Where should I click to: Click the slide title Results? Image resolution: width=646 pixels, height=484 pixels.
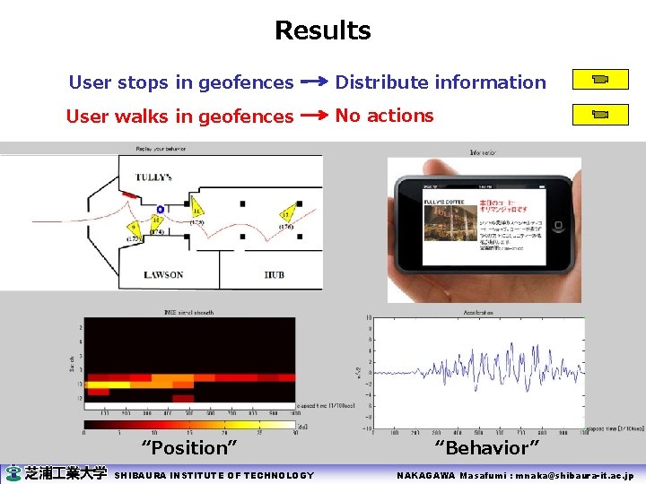click(x=322, y=30)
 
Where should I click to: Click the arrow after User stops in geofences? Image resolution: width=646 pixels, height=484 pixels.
click(x=314, y=82)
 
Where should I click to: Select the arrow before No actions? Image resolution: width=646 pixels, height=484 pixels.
click(x=314, y=116)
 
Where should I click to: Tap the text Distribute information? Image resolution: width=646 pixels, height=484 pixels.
click(x=441, y=82)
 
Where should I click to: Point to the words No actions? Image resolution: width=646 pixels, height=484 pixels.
click(x=384, y=116)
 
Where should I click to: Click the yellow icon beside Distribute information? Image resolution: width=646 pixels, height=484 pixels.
click(x=600, y=80)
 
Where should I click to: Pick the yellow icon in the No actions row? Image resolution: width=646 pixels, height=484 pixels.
click(x=600, y=114)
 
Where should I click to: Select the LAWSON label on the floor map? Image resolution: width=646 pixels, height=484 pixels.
click(x=163, y=274)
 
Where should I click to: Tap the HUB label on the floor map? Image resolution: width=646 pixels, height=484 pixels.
click(x=275, y=274)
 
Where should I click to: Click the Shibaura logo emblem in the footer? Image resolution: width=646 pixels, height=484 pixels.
click(x=13, y=474)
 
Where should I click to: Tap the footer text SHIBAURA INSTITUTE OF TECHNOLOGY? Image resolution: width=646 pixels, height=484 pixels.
click(x=214, y=475)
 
